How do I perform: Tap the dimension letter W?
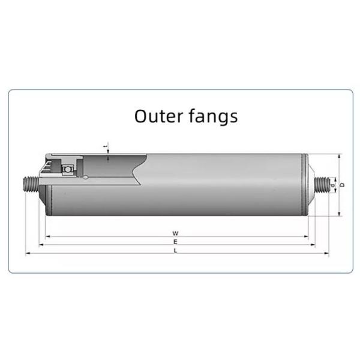pyautogui.click(x=175, y=232)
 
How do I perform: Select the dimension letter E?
pyautogui.click(x=175, y=241)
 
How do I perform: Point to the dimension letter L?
pyautogui.click(x=175, y=250)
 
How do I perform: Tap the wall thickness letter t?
pyautogui.click(x=106, y=146)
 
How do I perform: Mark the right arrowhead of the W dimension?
pyautogui.click(x=306, y=236)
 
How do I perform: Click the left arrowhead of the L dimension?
pyautogui.click(x=28, y=253)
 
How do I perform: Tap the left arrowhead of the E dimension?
pyautogui.click(x=41, y=244)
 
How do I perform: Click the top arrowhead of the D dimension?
pyautogui.click(x=339, y=156)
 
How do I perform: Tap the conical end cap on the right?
pyautogui.click(x=310, y=185)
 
